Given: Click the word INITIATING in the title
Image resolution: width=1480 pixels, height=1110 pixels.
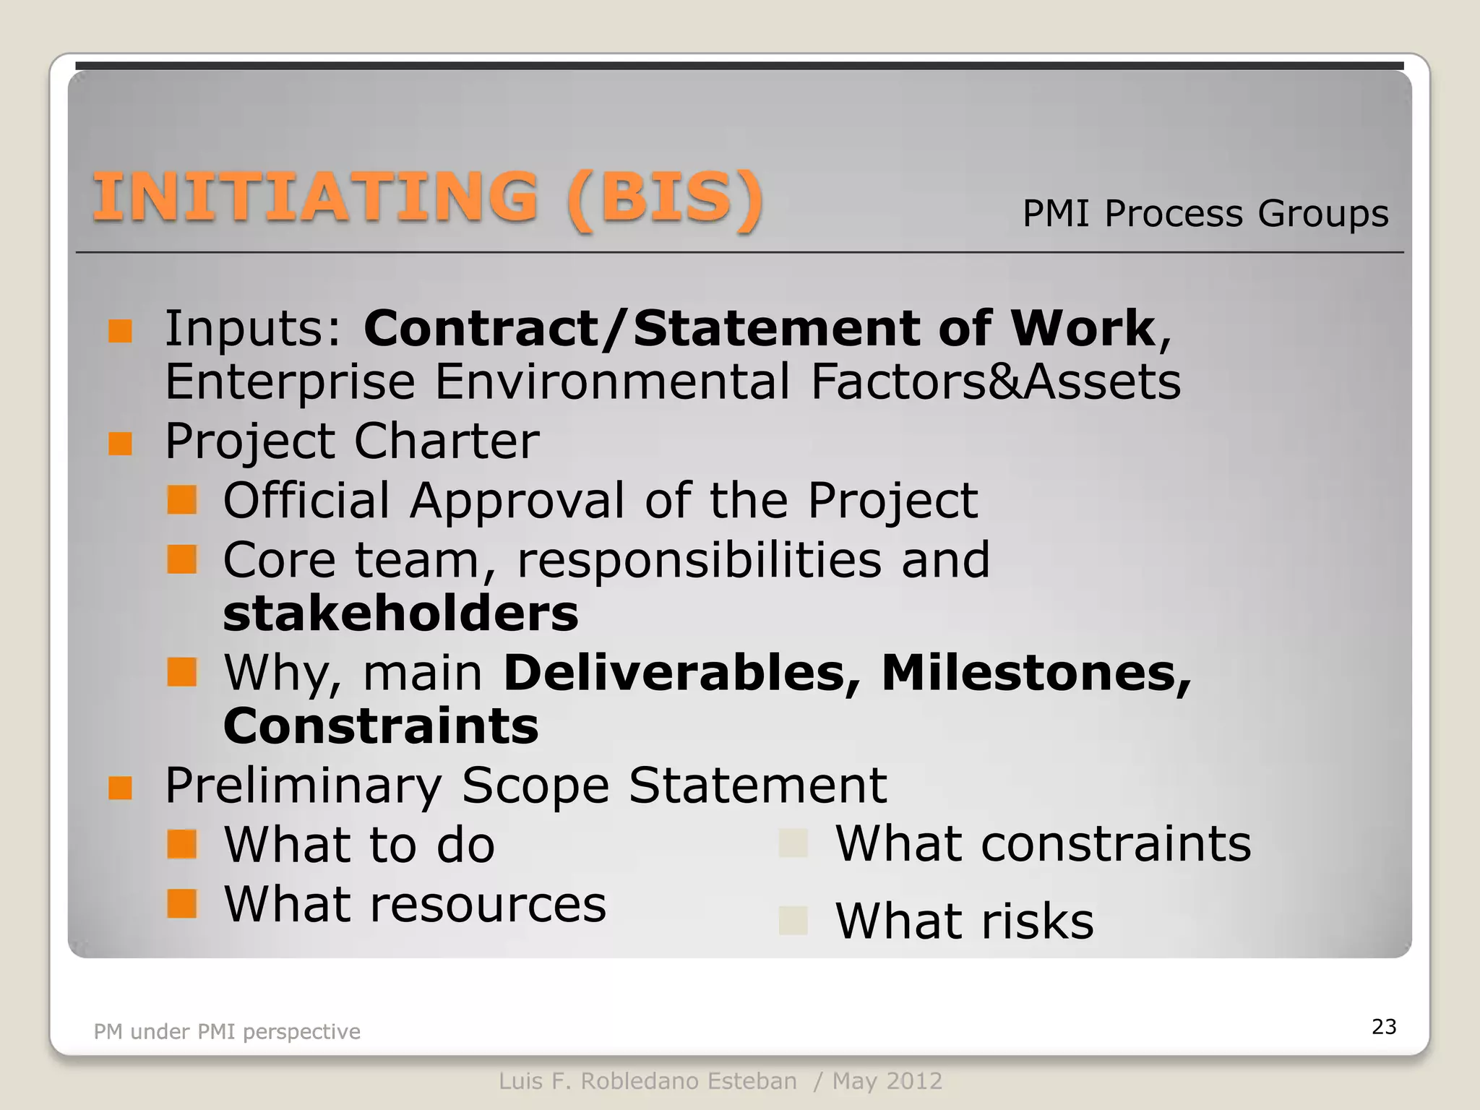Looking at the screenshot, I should coord(316,197).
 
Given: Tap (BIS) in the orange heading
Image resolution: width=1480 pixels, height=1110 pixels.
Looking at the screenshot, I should coord(665,199).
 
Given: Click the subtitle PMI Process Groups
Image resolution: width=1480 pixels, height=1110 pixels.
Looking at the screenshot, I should coord(1205,214).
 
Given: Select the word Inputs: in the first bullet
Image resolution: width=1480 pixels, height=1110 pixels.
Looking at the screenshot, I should coord(254,329).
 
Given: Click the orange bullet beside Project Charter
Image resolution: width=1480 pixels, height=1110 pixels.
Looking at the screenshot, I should coord(120,443).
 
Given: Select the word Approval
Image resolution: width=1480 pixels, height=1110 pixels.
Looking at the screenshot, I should coord(517,500).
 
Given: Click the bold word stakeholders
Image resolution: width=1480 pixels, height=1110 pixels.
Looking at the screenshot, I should coord(401,614).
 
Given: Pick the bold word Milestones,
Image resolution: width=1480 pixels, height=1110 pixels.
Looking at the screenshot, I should coord(1036,673).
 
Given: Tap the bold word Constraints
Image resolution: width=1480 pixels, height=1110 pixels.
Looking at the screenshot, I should coord(381,726).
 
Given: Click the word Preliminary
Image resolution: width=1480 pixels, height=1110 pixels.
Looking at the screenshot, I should coord(304,786).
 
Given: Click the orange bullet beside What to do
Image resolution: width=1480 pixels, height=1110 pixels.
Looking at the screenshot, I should coord(181,843).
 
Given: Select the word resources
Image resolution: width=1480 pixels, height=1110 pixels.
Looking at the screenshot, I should coord(488,905).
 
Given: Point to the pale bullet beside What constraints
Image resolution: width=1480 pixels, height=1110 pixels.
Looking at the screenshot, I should coord(793,843).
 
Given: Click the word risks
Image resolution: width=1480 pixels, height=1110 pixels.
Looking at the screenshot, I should coord(1038,921).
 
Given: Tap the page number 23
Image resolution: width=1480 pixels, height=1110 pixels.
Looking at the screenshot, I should coord(1384,1027).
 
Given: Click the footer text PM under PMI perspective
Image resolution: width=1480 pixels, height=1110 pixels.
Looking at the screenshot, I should coord(227,1032).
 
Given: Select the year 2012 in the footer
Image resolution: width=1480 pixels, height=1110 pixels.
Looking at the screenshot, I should coord(914,1081).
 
